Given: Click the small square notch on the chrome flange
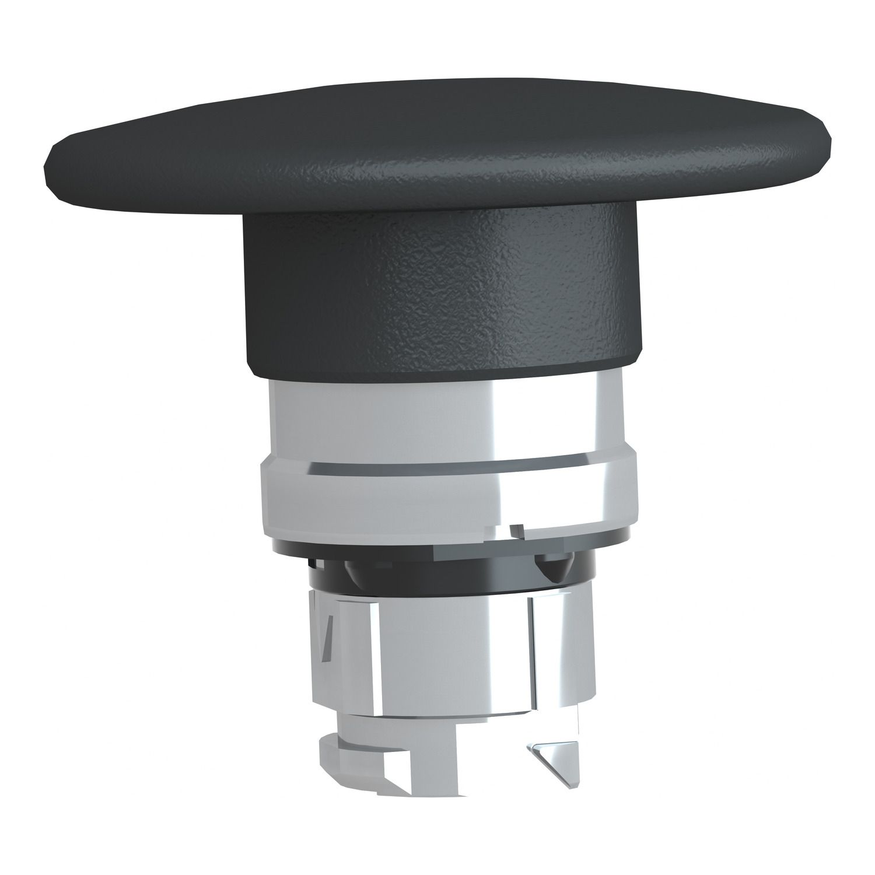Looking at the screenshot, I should point(516,531).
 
